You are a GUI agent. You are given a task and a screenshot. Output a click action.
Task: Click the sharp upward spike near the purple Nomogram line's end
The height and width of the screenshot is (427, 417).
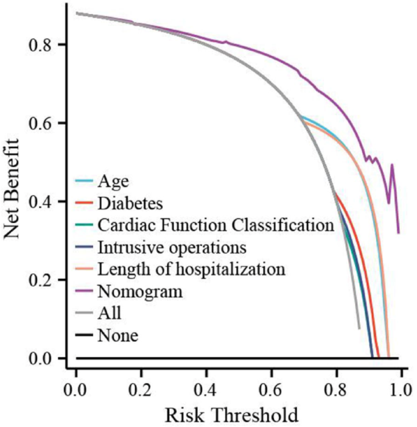392,165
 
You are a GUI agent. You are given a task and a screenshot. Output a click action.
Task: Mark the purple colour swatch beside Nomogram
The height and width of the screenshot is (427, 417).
83,291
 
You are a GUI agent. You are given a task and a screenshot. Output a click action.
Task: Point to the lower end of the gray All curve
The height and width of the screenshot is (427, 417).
359,328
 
